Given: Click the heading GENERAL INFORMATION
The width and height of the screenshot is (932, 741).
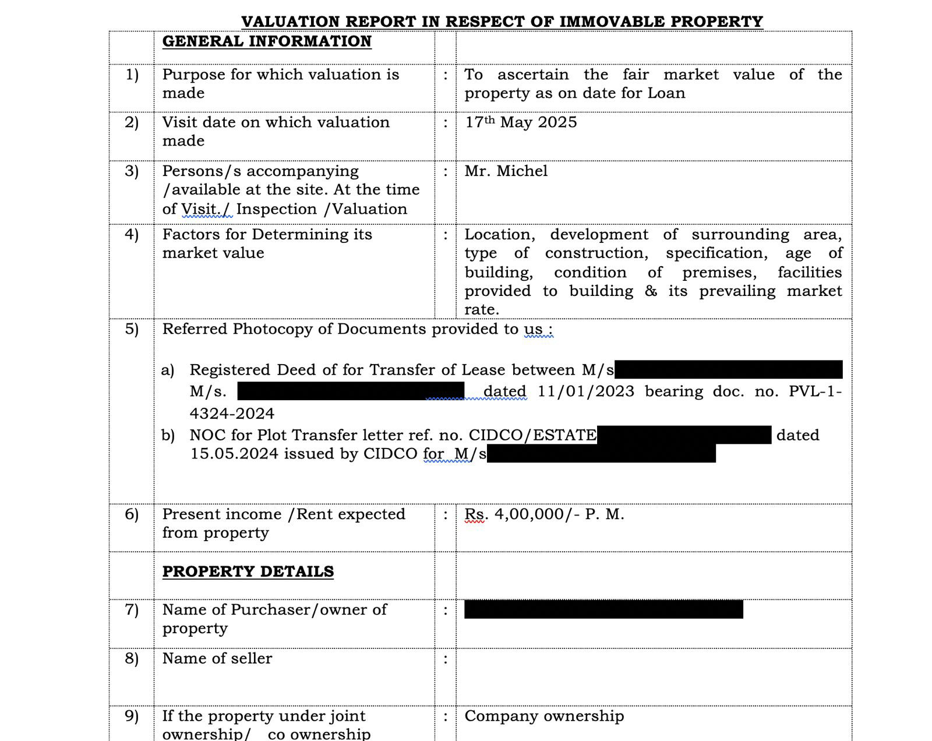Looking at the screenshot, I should coord(267,41).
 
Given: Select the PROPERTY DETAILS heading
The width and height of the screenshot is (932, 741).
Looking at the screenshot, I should coord(248,571).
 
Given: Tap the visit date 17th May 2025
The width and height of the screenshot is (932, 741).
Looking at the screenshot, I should coord(521,122).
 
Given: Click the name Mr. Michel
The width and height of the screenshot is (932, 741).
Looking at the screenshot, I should coord(506,171).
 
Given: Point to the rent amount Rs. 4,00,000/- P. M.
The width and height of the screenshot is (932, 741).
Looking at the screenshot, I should coord(544,514).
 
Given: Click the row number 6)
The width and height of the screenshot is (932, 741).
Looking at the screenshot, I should coord(132,514).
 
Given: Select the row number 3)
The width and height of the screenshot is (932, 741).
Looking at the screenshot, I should coord(132,171).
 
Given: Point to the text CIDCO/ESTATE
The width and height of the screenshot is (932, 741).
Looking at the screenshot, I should coord(532,435).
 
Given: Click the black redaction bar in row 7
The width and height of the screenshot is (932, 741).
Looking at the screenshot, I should coord(603,609).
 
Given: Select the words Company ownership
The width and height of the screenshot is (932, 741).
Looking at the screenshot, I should coord(544,716).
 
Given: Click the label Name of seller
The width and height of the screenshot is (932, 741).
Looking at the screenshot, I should coord(217,658).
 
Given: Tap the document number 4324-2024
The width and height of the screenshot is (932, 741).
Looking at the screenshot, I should coord(232,414).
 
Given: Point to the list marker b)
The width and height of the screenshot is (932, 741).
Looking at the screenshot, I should coord(168,435).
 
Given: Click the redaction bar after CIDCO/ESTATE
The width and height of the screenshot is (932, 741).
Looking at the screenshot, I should coord(684,435).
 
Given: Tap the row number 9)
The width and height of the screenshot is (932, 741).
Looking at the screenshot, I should coord(132,716).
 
